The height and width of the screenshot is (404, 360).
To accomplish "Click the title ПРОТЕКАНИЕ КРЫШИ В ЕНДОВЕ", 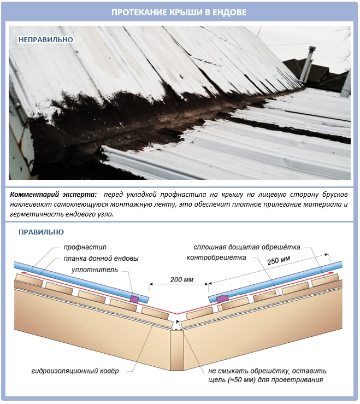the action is coord(179,12).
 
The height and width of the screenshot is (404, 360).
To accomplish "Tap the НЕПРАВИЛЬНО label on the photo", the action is coord(46,39).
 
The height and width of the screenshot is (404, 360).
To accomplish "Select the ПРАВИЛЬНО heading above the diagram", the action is coord(41,232).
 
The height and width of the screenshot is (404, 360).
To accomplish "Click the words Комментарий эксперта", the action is coord(54,195).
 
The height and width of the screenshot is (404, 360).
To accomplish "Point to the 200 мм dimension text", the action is coord(182,279).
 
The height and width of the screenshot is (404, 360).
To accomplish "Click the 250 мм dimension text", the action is coord(279,260).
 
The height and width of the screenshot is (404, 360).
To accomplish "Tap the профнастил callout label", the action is coord(85,247).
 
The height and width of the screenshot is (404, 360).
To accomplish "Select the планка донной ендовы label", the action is coord(101,259).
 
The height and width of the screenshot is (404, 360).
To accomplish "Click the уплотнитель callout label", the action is coord(95,270).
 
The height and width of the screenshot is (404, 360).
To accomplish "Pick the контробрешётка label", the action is coord(216,257).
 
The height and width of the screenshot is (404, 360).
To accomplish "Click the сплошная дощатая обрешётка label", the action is coord(247,247).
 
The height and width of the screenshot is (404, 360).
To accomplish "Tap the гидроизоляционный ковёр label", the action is coord(75,371).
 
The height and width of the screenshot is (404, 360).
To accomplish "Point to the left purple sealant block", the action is coord(134,299).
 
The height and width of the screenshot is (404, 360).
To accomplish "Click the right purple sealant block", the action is coord(222,299).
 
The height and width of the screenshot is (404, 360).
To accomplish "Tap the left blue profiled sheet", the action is coord(81,282).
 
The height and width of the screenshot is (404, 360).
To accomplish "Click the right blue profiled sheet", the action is coord(275,282).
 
